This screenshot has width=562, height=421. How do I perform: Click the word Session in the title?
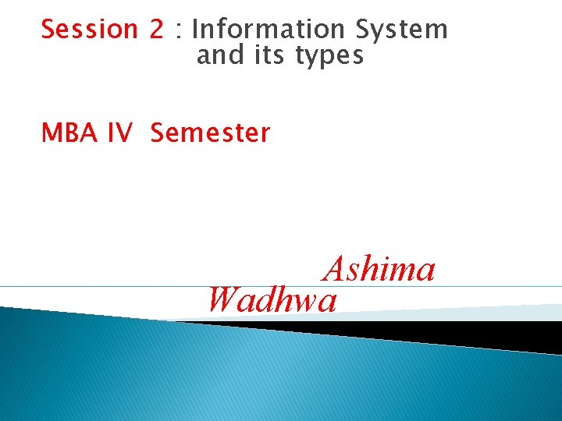89,30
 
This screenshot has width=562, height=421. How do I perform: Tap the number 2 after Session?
157,30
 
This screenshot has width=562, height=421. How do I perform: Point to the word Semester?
210,133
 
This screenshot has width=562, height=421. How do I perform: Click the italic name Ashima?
379,270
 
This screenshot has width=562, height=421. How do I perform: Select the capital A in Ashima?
335,270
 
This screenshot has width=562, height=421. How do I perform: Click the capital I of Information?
195,30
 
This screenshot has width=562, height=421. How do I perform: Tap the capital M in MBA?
52,133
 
